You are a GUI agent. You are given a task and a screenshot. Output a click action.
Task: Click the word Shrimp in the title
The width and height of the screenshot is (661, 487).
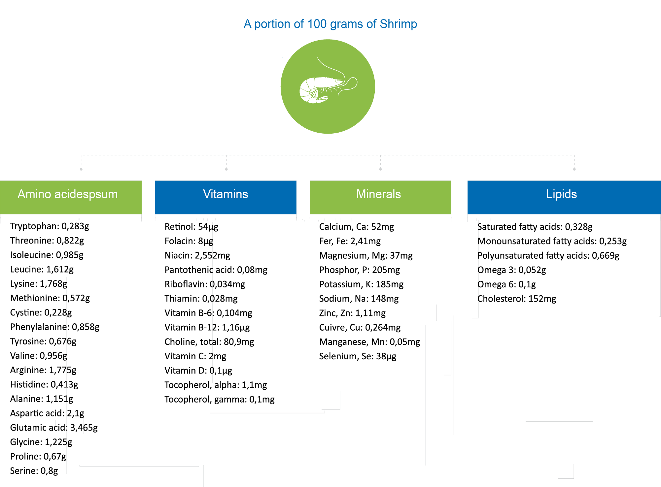(398, 24)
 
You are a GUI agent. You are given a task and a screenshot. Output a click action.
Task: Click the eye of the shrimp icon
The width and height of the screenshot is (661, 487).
(337, 81)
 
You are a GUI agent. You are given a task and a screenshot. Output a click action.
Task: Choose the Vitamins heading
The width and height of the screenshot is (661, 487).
(226, 194)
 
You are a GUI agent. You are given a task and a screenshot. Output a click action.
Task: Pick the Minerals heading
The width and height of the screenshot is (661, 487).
(378, 194)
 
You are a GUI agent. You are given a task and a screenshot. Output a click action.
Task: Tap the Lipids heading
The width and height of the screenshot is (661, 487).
(561, 194)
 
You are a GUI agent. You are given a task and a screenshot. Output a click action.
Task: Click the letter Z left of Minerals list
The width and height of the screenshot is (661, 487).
(321, 313)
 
